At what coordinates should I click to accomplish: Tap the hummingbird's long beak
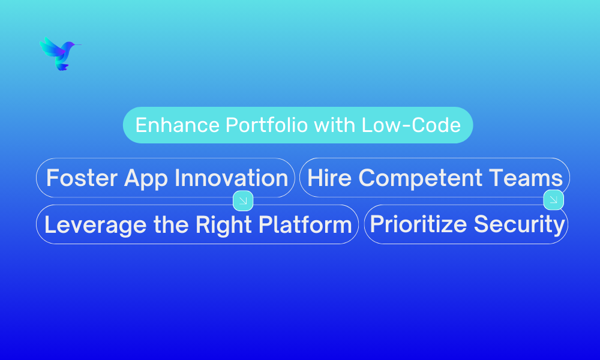coord(77,45)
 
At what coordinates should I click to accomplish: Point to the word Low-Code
coord(411,125)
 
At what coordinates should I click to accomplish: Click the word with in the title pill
coord(334,125)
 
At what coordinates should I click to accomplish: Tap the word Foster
coord(82,178)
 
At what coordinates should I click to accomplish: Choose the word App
coord(146,179)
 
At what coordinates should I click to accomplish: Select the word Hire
coord(329,178)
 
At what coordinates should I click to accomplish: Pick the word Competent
coord(420,178)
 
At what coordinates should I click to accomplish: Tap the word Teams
coord(526,178)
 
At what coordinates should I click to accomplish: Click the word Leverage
coord(95,226)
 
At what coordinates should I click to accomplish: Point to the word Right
coord(223,226)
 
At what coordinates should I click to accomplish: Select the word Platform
coord(305,224)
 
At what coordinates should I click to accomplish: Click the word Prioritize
coord(418,224)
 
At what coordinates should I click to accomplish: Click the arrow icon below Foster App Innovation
coord(243,200)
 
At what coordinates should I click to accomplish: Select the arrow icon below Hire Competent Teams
coord(553,200)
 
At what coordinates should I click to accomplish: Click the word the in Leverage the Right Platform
coord(171,224)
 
